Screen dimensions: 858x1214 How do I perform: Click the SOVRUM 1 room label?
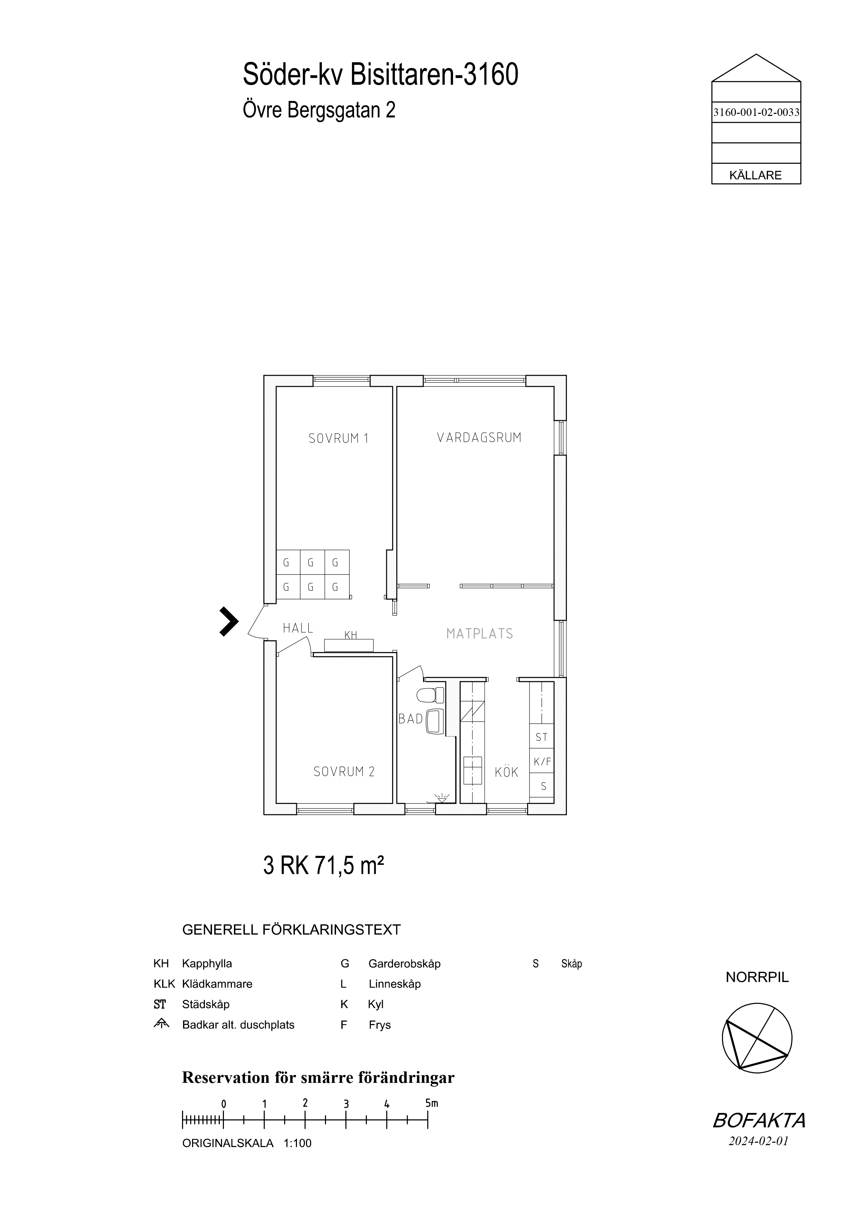tap(338, 438)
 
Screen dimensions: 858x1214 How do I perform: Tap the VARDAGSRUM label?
tap(479, 437)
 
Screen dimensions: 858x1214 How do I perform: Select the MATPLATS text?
tap(479, 633)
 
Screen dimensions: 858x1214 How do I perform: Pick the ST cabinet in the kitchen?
tap(542, 736)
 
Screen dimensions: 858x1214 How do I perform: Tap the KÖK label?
tap(506, 772)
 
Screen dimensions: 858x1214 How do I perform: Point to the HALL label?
tap(298, 628)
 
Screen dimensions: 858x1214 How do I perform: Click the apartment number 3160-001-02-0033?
tap(756, 112)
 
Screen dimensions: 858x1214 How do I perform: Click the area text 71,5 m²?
tap(349, 866)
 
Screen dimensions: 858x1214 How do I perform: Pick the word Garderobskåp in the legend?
tap(404, 964)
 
